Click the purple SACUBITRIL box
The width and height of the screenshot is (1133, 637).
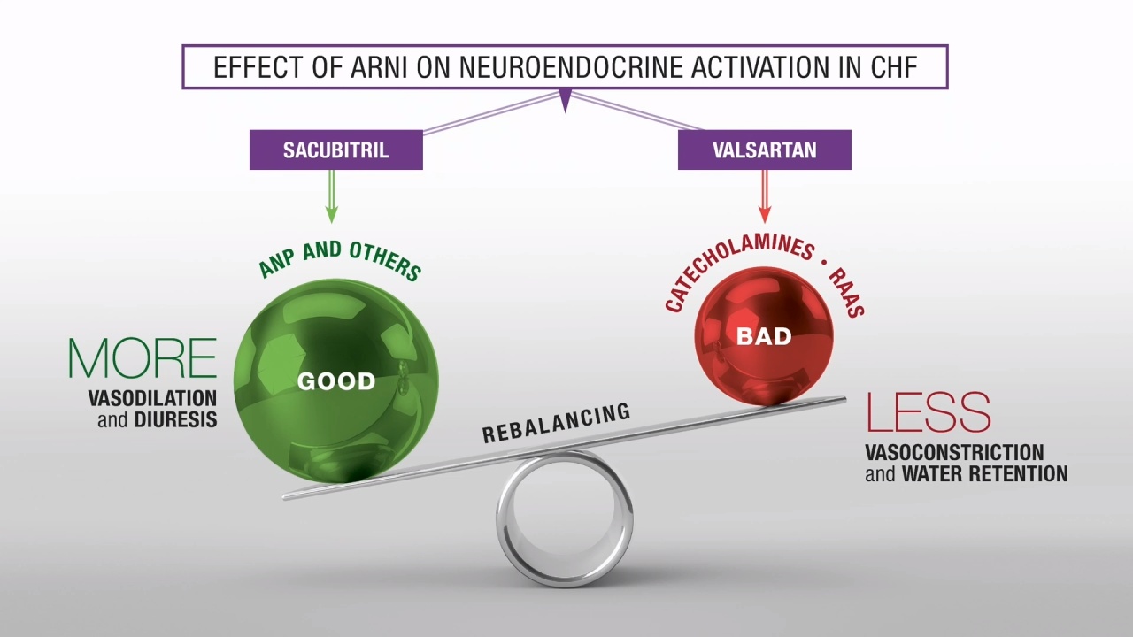[335, 150]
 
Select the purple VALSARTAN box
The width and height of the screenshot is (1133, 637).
[764, 150]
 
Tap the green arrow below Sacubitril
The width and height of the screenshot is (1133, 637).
[331, 196]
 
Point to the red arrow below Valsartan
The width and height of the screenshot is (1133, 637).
[765, 196]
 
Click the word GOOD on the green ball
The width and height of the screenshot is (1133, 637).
[336, 381]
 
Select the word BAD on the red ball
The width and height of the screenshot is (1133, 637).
[764, 336]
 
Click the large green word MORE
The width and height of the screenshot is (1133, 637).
[143, 358]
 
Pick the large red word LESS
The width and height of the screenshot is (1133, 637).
[929, 412]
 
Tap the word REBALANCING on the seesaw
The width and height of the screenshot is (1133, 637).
[557, 423]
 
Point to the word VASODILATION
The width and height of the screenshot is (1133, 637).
[153, 398]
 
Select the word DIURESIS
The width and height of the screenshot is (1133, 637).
[176, 419]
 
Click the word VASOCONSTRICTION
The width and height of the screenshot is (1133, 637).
[954, 452]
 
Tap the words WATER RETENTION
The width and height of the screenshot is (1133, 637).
[985, 474]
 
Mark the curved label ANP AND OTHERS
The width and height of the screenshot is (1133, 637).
[340, 259]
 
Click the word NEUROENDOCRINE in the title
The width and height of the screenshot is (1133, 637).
[571, 67]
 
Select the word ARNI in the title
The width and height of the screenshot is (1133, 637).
[379, 67]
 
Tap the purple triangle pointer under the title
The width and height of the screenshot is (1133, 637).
[566, 100]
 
